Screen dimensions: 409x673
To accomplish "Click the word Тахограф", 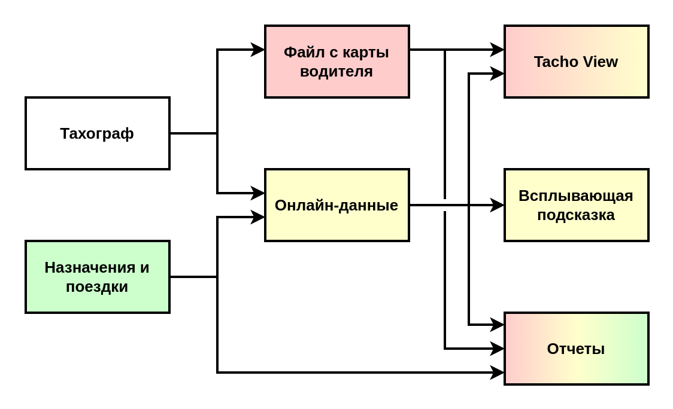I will pos(97,133).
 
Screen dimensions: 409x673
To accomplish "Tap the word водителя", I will pos(336,72).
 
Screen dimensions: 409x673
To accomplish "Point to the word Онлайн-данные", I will pos(336,205).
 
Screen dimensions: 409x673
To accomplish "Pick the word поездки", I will pos(97,286).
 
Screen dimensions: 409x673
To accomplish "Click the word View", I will pos(599,62).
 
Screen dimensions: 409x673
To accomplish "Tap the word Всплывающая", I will pos(576,196).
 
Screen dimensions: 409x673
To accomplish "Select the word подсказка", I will pos(576,215).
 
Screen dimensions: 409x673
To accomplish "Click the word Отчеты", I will pos(576,349).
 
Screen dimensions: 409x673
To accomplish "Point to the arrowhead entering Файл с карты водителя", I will pos(258,50).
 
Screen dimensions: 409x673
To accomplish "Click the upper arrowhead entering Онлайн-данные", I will pos(258,193).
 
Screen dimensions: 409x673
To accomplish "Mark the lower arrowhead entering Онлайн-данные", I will pos(258,217).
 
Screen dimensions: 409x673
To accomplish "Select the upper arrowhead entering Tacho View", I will pos(498,50).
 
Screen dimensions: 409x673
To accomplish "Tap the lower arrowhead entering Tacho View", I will pos(498,74).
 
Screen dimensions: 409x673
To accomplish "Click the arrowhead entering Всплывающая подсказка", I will pos(498,205).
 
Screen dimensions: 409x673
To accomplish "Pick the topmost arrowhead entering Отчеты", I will pos(498,325).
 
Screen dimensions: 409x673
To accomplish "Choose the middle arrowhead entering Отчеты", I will pos(498,349).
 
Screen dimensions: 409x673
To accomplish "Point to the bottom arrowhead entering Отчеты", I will pos(498,373).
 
